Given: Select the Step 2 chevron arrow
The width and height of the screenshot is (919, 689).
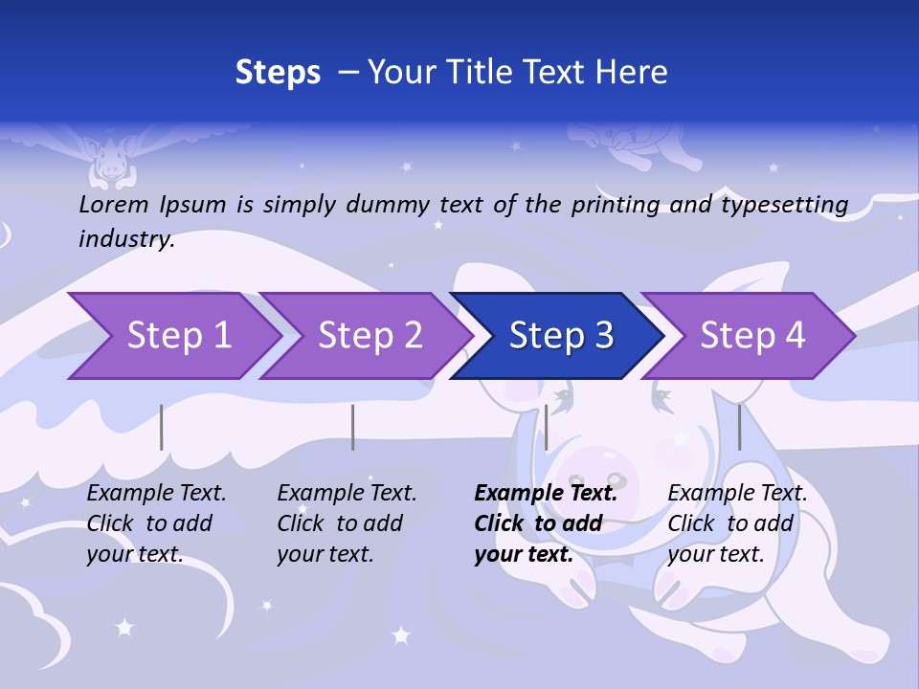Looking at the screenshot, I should [x=370, y=336].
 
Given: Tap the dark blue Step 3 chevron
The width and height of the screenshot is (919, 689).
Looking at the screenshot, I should [x=561, y=336].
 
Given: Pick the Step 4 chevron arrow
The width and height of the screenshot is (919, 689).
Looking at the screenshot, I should [x=752, y=336].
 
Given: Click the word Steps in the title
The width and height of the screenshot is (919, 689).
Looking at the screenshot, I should [x=278, y=72].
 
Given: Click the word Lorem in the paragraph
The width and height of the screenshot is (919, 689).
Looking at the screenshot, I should [x=114, y=204].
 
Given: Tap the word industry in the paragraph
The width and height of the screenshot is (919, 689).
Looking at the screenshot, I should [x=126, y=239].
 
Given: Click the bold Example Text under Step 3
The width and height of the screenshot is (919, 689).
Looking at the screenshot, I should [x=546, y=494].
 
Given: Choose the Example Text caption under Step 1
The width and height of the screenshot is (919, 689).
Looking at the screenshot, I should [x=156, y=494].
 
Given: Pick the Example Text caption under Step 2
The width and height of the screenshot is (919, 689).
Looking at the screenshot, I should [x=347, y=494].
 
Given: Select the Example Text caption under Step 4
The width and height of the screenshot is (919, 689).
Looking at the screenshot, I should [x=737, y=494].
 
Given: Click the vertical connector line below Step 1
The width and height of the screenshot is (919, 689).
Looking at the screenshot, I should [x=162, y=427].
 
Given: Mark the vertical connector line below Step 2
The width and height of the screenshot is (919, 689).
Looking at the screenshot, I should [x=353, y=427].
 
